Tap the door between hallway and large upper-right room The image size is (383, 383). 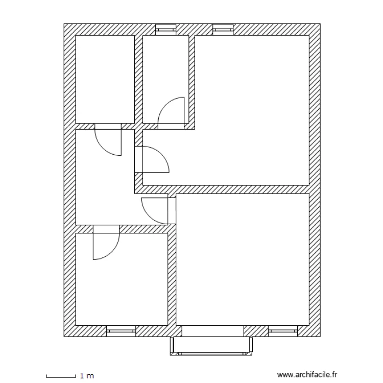coord(154,160)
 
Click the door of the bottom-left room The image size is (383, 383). coord(105,243)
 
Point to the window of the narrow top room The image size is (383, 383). coord(165,29)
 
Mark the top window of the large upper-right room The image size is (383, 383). coord(223,29)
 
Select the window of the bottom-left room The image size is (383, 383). coord(121,331)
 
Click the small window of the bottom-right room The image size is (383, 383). coord(282,331)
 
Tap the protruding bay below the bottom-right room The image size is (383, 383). coord(212,345)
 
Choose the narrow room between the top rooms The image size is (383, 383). coord(166,71)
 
